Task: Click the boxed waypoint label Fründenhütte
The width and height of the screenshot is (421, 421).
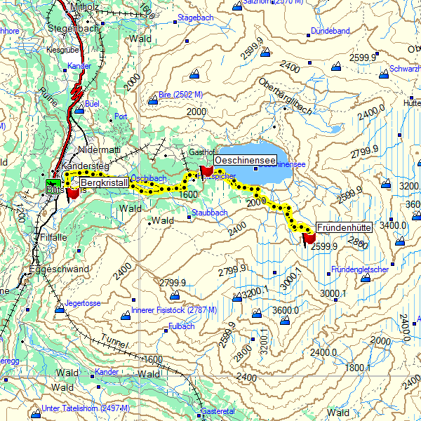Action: click(344, 228)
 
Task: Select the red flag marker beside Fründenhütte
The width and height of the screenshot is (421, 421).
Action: click(308, 239)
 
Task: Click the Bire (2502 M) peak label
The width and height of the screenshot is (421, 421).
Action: click(181, 95)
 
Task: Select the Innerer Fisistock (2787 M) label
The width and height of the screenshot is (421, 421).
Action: click(174, 310)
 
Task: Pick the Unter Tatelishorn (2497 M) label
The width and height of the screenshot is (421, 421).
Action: click(86, 408)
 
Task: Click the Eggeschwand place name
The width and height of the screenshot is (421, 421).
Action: click(59, 269)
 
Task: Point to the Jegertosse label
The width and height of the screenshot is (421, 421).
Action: click(83, 303)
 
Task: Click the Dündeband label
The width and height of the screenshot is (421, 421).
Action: click(330, 32)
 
